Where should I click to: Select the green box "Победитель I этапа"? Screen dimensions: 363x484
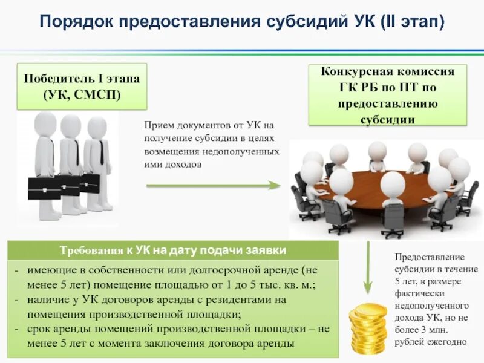tap(82, 86)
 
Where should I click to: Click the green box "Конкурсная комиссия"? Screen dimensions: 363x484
tap(388, 96)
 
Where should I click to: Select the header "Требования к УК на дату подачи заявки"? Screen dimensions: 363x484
tap(172, 250)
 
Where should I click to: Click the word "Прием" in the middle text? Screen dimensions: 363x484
tap(158, 125)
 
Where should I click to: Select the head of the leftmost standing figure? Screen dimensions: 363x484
tap(45, 123)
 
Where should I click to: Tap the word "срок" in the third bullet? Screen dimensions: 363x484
tap(40, 329)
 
